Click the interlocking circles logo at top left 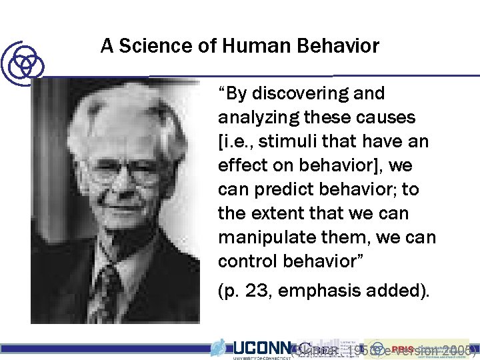coord(23,62)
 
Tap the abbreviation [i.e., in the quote coord(237,142)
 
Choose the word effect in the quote coord(239,166)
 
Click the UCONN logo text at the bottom coord(263,347)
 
